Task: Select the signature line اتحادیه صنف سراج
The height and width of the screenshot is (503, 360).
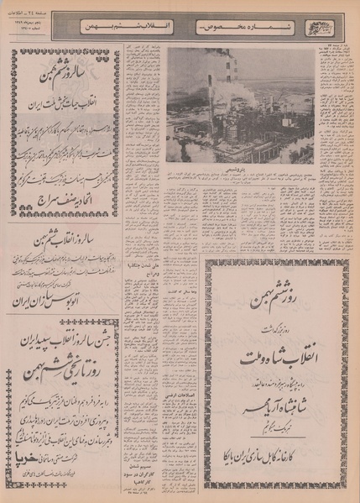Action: (63, 202)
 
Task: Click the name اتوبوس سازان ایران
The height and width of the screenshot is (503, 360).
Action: (63, 297)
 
